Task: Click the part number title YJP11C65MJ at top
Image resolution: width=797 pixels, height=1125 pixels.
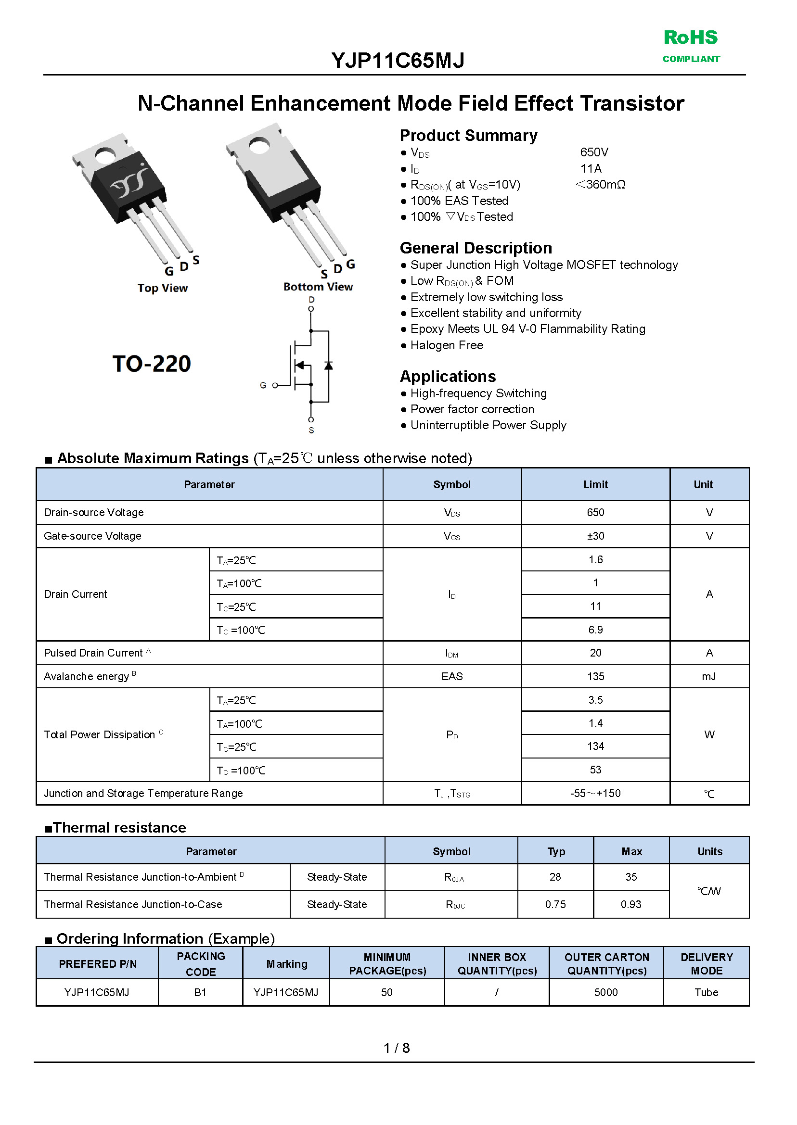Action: point(398,60)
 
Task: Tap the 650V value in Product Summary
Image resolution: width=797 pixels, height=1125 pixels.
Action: point(594,152)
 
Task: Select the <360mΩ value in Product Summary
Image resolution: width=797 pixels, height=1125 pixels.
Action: point(600,185)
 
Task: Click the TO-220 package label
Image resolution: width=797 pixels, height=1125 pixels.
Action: point(151,364)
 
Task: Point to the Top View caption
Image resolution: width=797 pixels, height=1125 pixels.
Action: point(163,288)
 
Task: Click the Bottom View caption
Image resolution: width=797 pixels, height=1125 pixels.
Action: point(318,286)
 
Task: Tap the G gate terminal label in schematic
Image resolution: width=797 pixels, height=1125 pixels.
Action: point(263,385)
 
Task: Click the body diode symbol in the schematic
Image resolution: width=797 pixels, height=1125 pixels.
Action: point(328,366)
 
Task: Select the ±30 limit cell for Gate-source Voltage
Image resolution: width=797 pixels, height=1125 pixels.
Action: point(595,536)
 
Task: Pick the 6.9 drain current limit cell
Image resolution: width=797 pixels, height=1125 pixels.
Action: point(595,630)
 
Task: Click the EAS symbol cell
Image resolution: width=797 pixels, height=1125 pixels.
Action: point(451,676)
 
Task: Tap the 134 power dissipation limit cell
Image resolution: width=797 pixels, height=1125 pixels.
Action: point(595,746)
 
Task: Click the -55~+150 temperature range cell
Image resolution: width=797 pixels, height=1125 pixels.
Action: point(595,793)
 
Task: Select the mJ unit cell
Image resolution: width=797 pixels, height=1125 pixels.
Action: point(708,676)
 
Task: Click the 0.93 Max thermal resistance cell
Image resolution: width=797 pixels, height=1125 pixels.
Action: point(630,904)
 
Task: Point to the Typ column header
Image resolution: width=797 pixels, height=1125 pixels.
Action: point(555,851)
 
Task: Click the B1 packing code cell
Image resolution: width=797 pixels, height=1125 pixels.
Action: point(200,992)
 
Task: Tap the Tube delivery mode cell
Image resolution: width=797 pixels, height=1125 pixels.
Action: point(706,992)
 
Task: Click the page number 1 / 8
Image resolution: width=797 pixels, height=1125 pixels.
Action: point(397,1048)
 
